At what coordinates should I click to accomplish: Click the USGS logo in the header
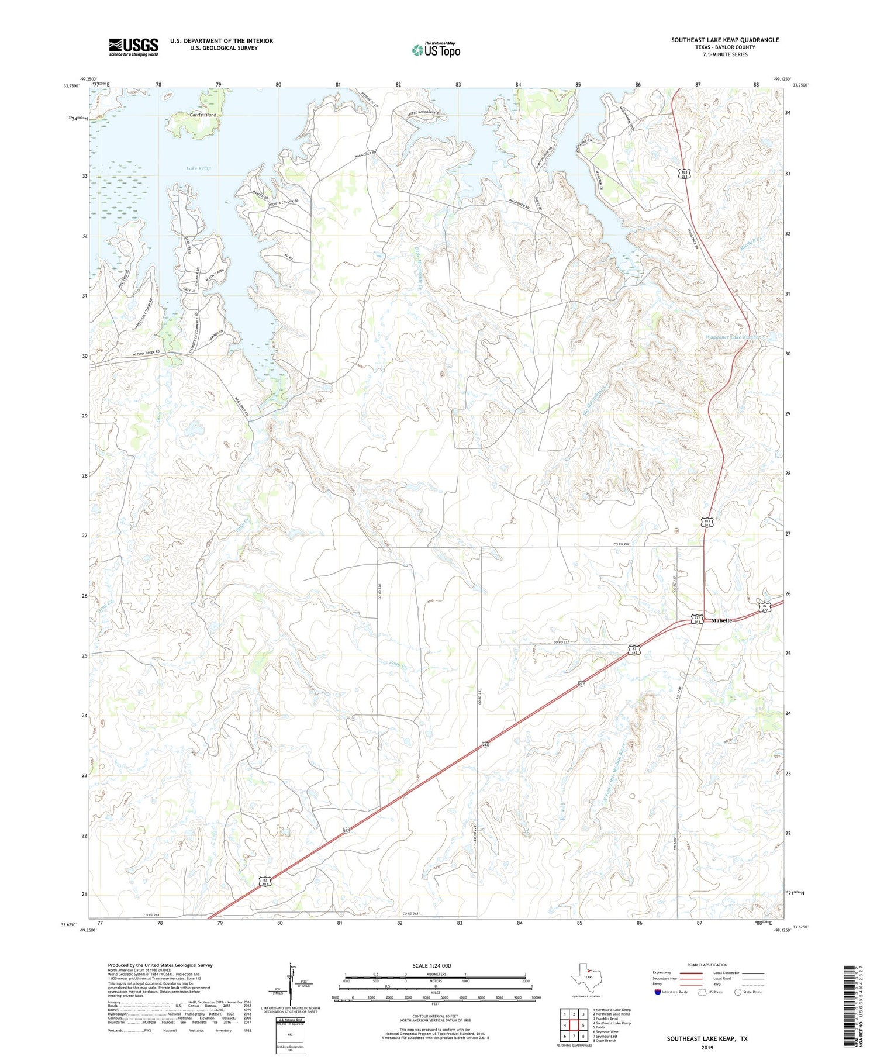click(133, 47)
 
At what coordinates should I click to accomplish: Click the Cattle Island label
click(203, 115)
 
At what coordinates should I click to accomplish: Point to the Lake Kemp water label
click(199, 168)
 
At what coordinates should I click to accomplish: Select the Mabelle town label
click(721, 620)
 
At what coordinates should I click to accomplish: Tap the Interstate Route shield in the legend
click(658, 992)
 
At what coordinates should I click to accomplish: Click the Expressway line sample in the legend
click(694, 973)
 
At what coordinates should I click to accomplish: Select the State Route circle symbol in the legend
click(738, 992)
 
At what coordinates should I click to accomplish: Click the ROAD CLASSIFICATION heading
click(707, 965)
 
